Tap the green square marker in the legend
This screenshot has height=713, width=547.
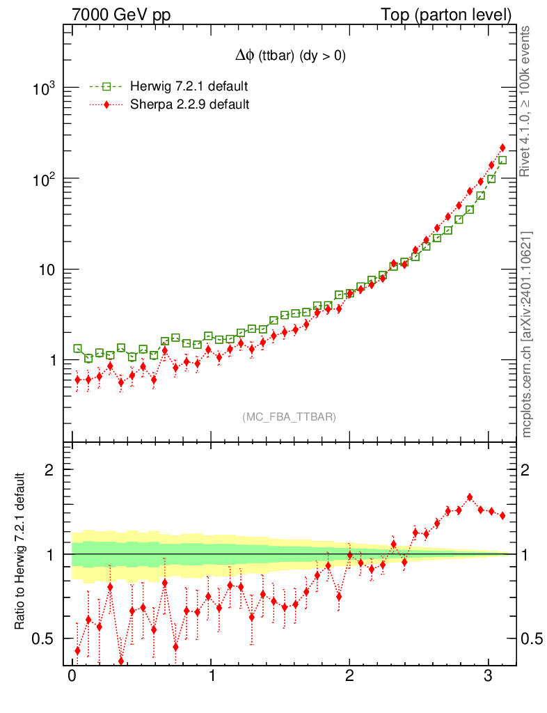point(106,86)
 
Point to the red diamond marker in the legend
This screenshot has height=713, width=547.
point(106,104)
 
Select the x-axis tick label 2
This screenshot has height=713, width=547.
point(349,677)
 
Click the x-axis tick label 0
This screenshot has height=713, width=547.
point(72,677)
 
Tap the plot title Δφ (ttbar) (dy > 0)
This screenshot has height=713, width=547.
point(290,56)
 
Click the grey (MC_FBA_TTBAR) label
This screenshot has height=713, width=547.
point(290,416)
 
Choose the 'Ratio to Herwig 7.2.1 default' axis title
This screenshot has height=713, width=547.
point(20,552)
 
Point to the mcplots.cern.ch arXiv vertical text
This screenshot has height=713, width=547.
point(527,334)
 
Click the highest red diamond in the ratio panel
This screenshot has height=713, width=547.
point(470,497)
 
